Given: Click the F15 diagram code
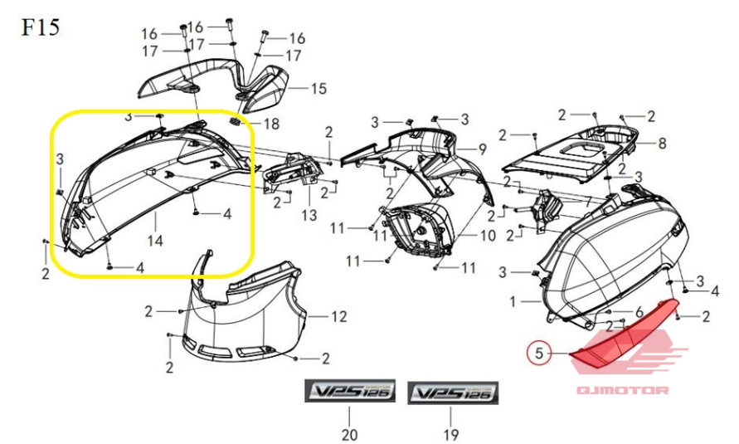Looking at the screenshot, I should (39, 27).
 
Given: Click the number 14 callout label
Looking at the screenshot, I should (155, 241).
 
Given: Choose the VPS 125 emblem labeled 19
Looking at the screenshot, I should (454, 392).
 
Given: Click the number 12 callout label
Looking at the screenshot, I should (338, 316).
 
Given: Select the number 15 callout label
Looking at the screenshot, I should (318, 88).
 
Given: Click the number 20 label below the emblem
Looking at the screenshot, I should (348, 434).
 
